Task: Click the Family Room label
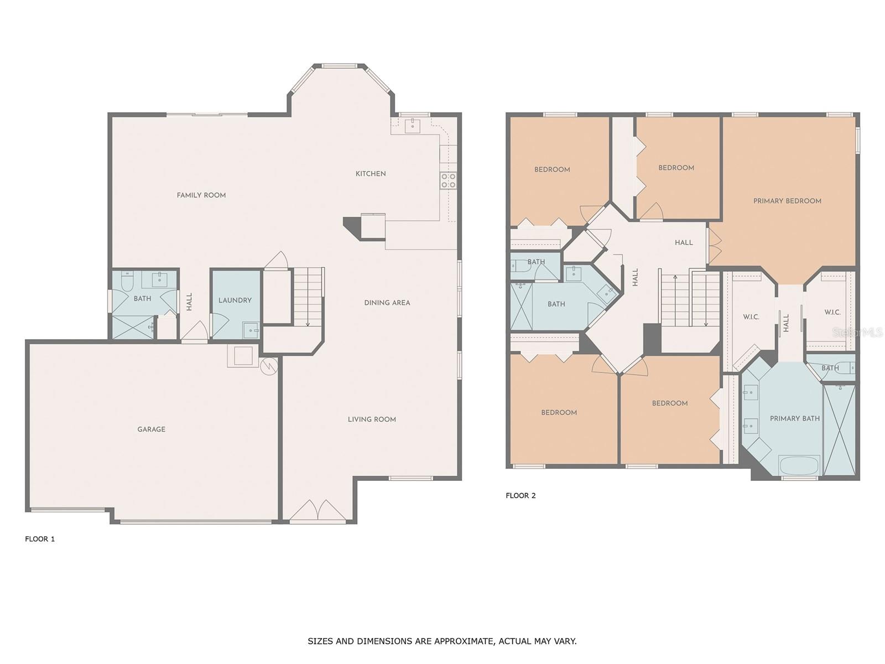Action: click(x=201, y=195)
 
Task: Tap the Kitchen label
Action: click(x=371, y=174)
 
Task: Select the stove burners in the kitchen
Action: click(x=448, y=180)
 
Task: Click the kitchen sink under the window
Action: click(x=412, y=124)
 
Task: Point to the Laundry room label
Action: click(x=235, y=300)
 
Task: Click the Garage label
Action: click(x=151, y=429)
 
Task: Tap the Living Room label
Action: click(x=372, y=419)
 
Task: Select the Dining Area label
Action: click(x=387, y=303)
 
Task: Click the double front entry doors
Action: click(x=317, y=510)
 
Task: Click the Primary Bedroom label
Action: click(x=787, y=201)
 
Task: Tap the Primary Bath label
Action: click(x=795, y=418)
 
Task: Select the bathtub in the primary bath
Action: click(x=799, y=466)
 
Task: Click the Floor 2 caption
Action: click(x=520, y=495)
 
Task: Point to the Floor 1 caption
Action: click(x=40, y=539)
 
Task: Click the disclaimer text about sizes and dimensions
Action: click(x=442, y=641)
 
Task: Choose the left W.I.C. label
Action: click(x=751, y=317)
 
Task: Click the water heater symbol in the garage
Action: click(x=269, y=366)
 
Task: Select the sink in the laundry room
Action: click(x=251, y=330)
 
